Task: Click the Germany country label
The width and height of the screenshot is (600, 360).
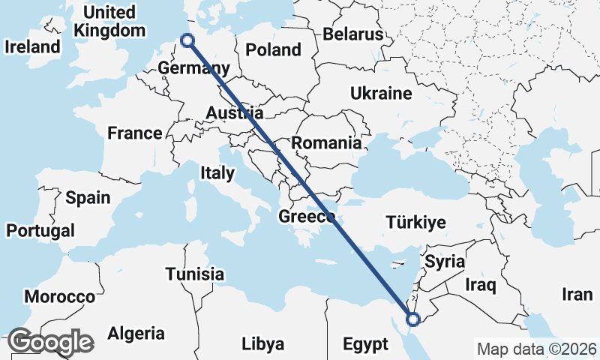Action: pyautogui.click(x=188, y=69)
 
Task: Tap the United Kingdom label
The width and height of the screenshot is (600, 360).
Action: pyautogui.click(x=109, y=22)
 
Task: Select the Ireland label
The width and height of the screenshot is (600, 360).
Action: pyautogui.click(x=31, y=46)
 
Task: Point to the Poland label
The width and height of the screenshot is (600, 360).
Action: pyautogui.click(x=274, y=50)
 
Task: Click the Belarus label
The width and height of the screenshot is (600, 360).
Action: pyautogui.click(x=352, y=34)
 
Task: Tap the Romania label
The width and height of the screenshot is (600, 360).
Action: pyautogui.click(x=326, y=142)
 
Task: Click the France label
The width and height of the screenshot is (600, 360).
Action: pyautogui.click(x=135, y=133)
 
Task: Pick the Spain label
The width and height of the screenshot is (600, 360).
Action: pyautogui.click(x=88, y=198)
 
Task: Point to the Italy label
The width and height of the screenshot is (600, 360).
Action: pyautogui.click(x=217, y=173)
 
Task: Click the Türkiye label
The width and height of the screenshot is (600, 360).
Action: pyautogui.click(x=415, y=223)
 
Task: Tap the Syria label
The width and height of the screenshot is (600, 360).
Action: pyautogui.click(x=445, y=262)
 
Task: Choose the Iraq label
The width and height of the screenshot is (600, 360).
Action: pyautogui.click(x=481, y=286)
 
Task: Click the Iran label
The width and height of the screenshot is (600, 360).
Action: pyautogui.click(x=577, y=295)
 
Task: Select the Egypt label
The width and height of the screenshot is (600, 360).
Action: pyautogui.click(x=367, y=344)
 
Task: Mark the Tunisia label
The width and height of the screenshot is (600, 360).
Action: pyautogui.click(x=195, y=274)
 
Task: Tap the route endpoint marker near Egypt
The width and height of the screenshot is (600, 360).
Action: pyautogui.click(x=412, y=320)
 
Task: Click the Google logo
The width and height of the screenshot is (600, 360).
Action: pyautogui.click(x=50, y=343)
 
